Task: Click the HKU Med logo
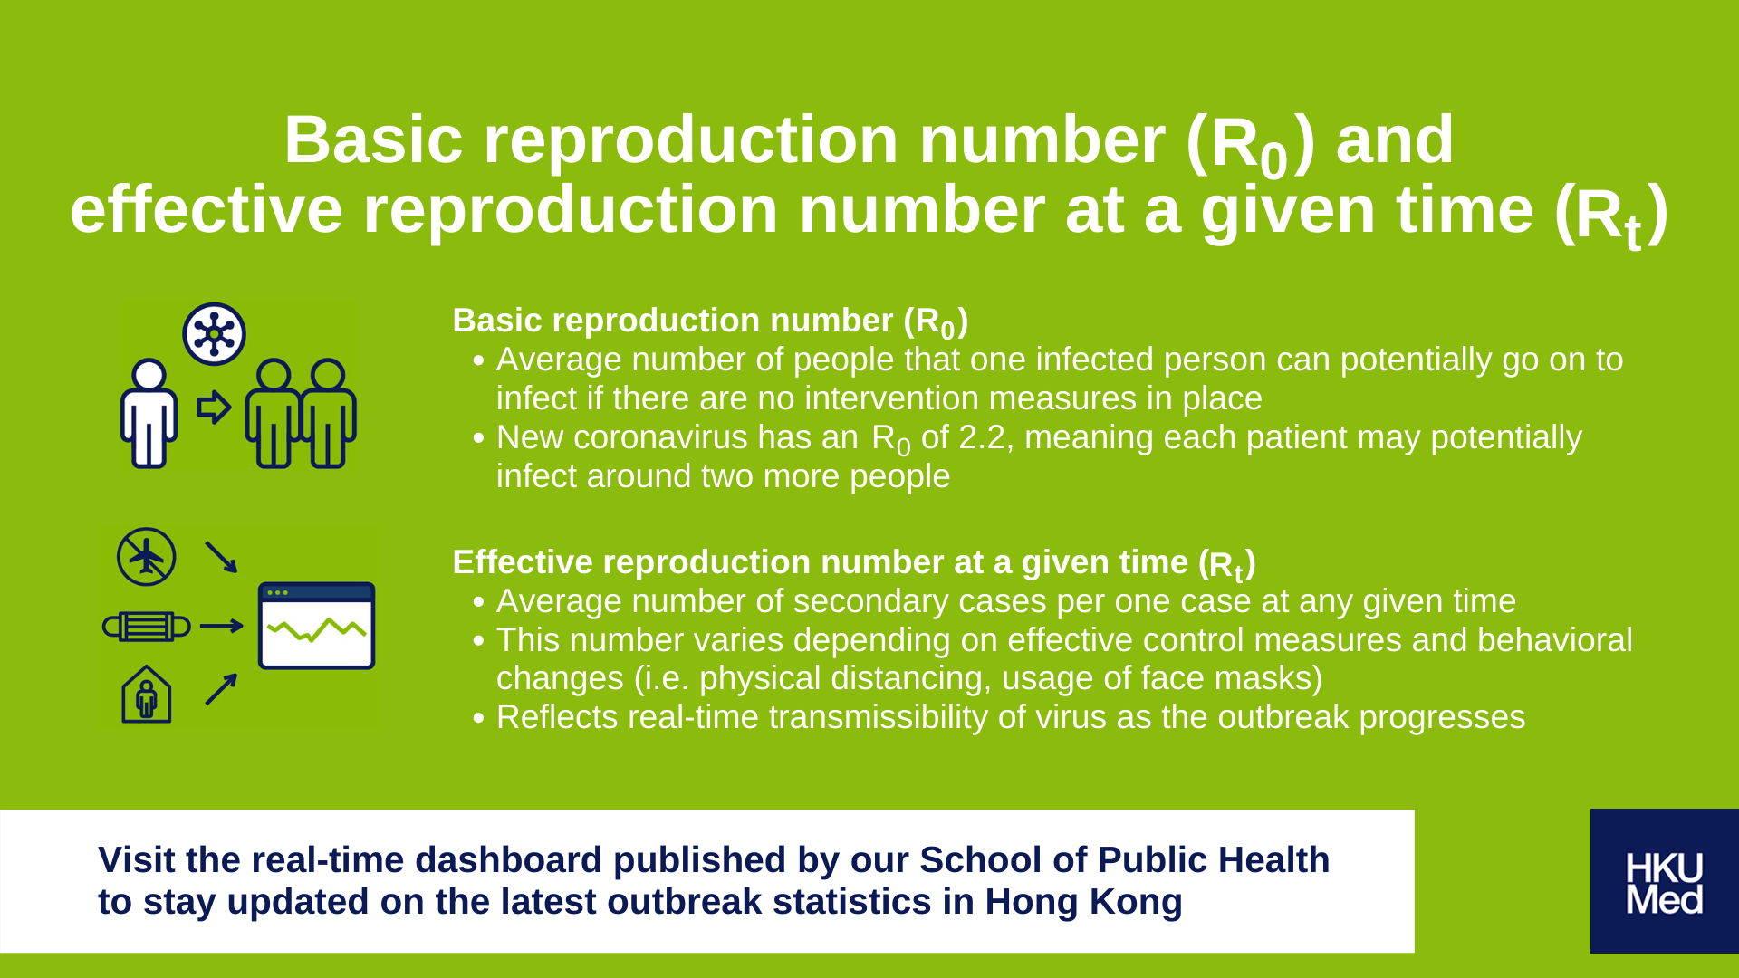[x=1665, y=881]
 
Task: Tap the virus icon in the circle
[x=214, y=333]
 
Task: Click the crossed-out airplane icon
[x=147, y=556]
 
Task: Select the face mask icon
[x=146, y=626]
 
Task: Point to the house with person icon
[x=147, y=694]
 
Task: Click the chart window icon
[x=317, y=626]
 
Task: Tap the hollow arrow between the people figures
[x=215, y=407]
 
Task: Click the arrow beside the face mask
[x=222, y=626]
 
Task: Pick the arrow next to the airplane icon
[x=221, y=557]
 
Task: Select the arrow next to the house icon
[x=221, y=689]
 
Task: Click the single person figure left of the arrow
[x=149, y=413]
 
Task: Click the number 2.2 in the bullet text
[x=982, y=437]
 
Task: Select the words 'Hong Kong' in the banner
[x=1083, y=902]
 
